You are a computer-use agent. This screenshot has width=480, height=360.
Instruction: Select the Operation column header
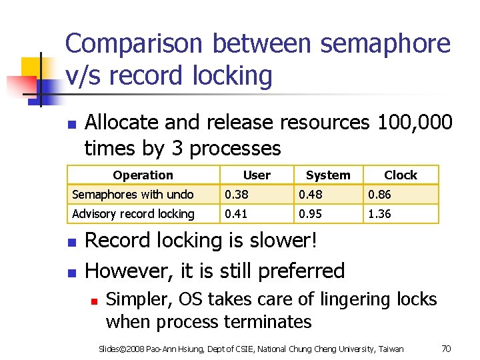tap(143, 175)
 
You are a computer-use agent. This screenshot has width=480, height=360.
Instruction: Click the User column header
tap(257, 175)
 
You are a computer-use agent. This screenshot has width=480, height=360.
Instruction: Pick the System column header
tap(327, 175)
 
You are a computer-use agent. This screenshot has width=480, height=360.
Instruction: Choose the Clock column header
tap(401, 175)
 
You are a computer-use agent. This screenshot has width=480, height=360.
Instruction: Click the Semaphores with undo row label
tap(133, 195)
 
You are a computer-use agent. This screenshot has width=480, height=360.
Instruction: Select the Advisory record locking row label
tap(133, 214)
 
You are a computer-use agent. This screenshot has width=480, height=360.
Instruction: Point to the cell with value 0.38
tap(237, 195)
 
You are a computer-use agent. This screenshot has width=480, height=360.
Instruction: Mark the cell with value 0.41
tap(237, 214)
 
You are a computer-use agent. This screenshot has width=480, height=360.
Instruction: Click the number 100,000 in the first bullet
tap(415, 123)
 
